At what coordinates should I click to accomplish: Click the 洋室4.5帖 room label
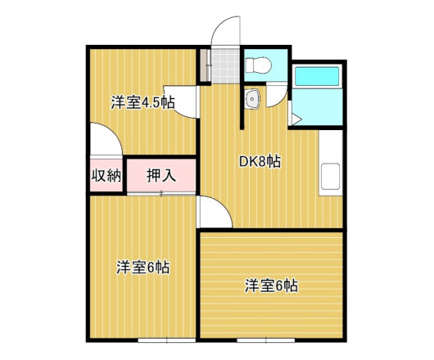coord(143,103)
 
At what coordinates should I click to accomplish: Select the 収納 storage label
coord(106,174)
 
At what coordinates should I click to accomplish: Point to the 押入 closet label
coord(160,174)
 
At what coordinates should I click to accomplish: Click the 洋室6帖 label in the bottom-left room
coord(142,268)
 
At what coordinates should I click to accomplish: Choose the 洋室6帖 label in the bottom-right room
coord(270,286)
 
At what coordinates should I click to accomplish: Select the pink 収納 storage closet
coord(106,174)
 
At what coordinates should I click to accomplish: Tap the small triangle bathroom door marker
coord(296,119)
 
